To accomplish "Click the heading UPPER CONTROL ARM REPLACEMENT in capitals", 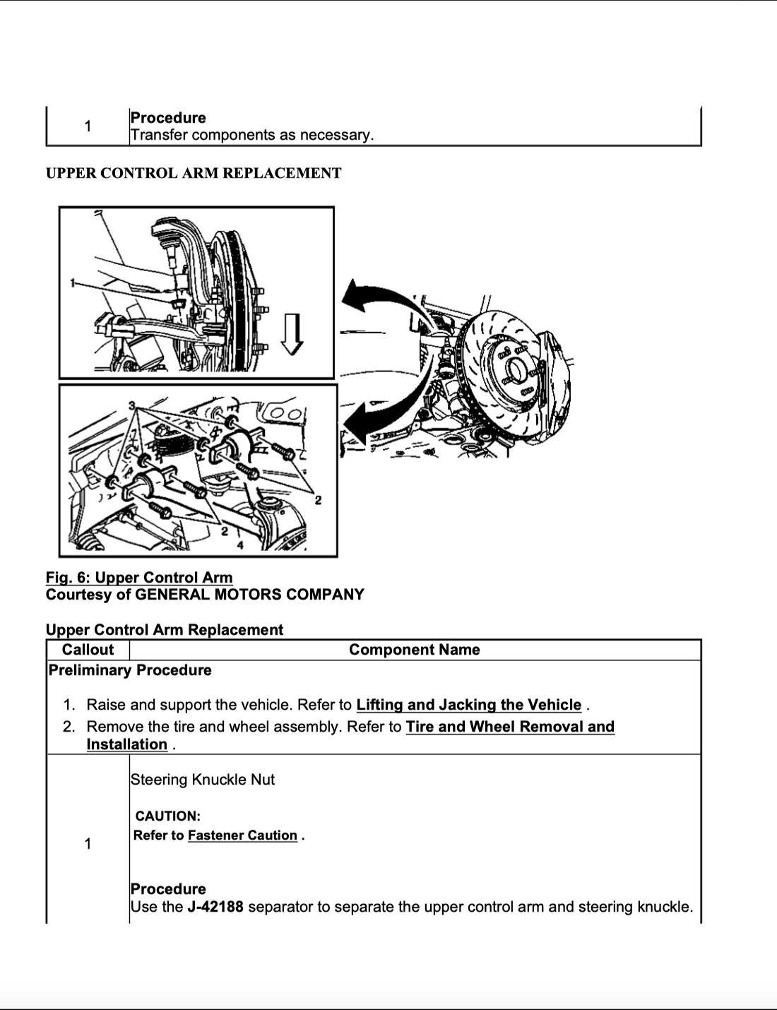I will pyautogui.click(x=193, y=173).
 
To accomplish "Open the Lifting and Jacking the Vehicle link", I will pyautogui.click(x=468, y=705).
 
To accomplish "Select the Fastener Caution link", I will pyautogui.click(x=242, y=836).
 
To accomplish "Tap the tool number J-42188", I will pyautogui.click(x=215, y=907).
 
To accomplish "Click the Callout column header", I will pyautogui.click(x=88, y=650).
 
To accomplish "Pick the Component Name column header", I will pyautogui.click(x=415, y=650).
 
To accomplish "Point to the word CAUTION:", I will pyautogui.click(x=167, y=816).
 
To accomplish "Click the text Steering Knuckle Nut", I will pyautogui.click(x=202, y=780).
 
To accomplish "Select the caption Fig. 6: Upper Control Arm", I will pyautogui.click(x=139, y=578).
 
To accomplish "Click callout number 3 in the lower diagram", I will pyautogui.click(x=132, y=405).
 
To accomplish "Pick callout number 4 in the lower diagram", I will pyautogui.click(x=240, y=545).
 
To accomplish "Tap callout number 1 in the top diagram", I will pyautogui.click(x=71, y=283).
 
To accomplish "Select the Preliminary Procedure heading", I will pyautogui.click(x=130, y=670).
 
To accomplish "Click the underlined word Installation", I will pyautogui.click(x=126, y=744).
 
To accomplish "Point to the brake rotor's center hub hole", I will pyautogui.click(x=516, y=368).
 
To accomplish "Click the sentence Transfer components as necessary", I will pyautogui.click(x=251, y=135).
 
